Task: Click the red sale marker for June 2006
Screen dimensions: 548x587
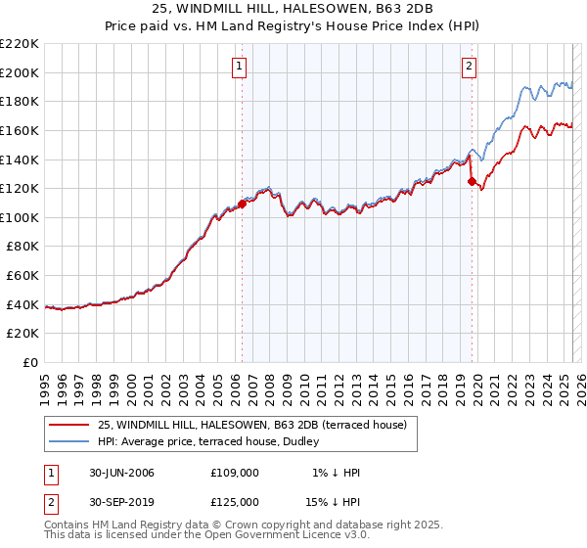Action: tap(242, 204)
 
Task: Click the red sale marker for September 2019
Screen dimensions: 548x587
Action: tap(472, 181)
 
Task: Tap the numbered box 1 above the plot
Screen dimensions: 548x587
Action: tap(240, 67)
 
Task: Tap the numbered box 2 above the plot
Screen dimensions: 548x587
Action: tap(470, 67)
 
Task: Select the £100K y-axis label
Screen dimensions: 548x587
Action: tap(21, 217)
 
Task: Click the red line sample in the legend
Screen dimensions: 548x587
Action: tap(69, 425)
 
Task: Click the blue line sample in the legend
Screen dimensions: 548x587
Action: tap(69, 442)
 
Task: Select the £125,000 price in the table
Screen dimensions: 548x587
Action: tap(235, 501)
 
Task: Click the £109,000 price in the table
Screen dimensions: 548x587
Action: tap(235, 473)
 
